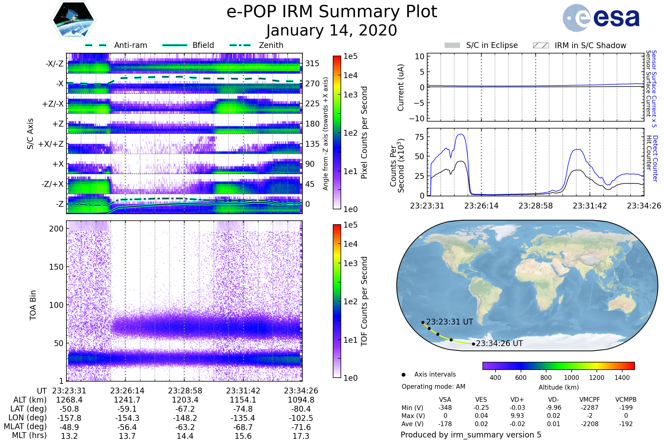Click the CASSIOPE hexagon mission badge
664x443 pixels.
73,20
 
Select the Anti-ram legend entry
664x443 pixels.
130,45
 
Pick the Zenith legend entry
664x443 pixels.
271,45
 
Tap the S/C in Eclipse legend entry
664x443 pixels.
492,45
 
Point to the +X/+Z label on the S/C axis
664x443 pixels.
51,144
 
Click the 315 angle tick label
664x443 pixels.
312,63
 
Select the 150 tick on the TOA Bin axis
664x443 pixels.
56,267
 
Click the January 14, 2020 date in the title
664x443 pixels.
331,30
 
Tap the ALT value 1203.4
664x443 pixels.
185,400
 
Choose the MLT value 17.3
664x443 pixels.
301,436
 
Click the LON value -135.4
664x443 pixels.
243,418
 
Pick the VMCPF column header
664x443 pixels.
590,400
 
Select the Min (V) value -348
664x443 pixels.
445,408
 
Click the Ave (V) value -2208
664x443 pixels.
590,424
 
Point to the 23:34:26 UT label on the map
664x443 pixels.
499,343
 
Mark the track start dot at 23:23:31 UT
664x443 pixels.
423,322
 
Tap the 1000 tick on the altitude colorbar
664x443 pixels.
571,377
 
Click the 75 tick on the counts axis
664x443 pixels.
419,137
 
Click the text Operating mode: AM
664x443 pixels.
433,387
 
